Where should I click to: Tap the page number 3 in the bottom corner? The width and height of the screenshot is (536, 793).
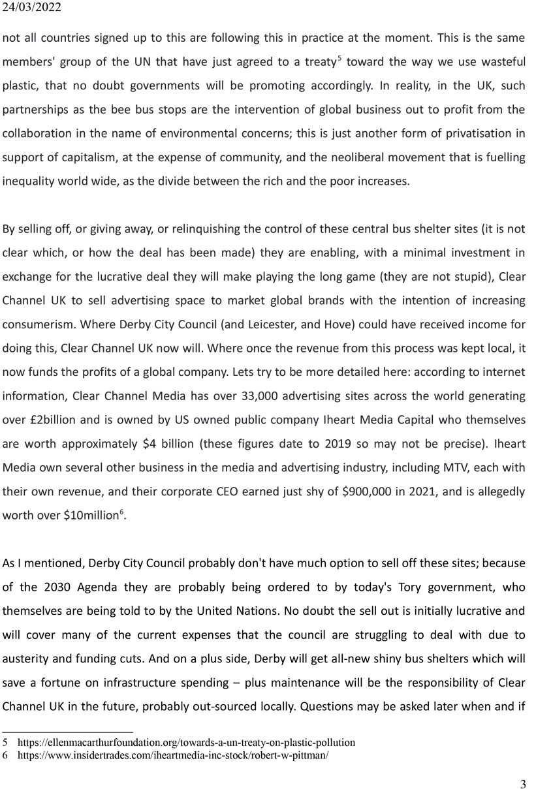pos(523,784)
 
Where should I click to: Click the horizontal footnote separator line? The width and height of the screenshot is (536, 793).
pos(67,731)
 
